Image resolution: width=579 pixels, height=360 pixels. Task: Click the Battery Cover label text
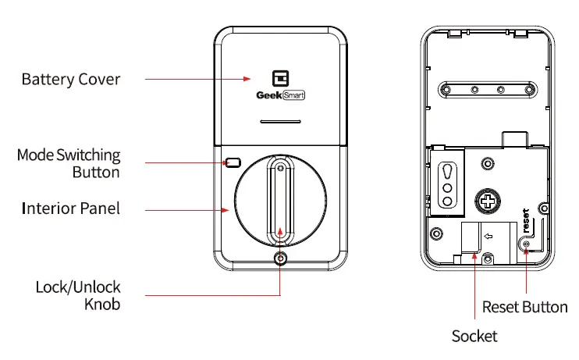[71, 79]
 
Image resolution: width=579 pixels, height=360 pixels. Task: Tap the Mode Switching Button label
[69, 163]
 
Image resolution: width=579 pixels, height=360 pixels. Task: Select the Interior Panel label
[71, 209]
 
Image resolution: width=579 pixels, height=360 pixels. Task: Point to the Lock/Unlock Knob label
[78, 295]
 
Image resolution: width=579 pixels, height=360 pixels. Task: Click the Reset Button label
[524, 307]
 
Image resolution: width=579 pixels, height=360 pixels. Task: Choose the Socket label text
[474, 337]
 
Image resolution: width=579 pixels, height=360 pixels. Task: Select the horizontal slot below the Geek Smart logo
[280, 123]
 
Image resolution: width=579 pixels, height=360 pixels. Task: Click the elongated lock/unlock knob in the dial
[280, 199]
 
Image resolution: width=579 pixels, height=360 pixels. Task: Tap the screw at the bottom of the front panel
[280, 260]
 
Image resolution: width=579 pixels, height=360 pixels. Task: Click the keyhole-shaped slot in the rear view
[446, 181]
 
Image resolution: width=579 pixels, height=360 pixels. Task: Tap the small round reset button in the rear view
[527, 245]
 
